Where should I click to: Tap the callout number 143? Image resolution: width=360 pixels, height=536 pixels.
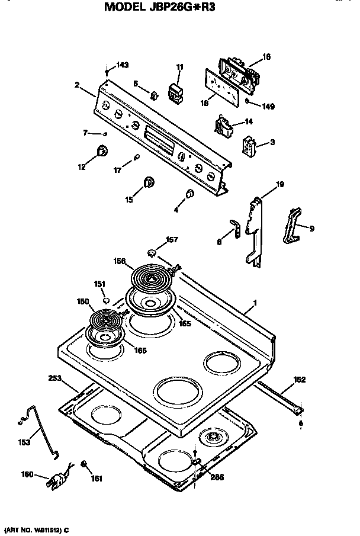[x=121, y=65]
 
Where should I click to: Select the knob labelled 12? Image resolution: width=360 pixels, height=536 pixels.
[x=102, y=150]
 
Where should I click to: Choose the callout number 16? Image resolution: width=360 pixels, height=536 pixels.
[x=266, y=57]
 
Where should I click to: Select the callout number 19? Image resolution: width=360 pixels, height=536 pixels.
[x=280, y=184]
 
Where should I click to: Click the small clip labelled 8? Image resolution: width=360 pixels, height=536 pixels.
[x=235, y=228]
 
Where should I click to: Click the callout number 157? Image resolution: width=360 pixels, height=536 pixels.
[x=171, y=240]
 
